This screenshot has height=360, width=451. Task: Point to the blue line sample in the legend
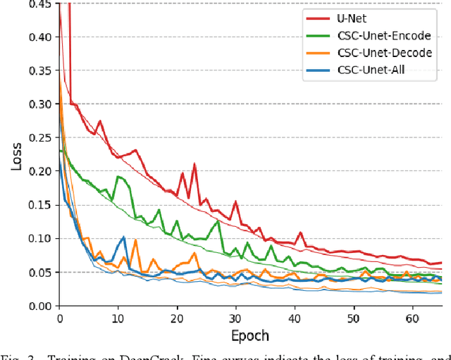tap(319, 69)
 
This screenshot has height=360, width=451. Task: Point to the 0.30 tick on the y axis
tap(40, 104)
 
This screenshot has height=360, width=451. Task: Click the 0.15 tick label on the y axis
tap(40, 205)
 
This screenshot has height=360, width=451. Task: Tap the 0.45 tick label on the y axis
tap(40, 4)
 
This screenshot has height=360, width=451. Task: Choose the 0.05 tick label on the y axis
tap(40, 272)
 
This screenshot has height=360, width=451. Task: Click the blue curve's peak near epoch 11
tap(124, 237)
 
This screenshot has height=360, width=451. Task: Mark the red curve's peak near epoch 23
tap(194, 165)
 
